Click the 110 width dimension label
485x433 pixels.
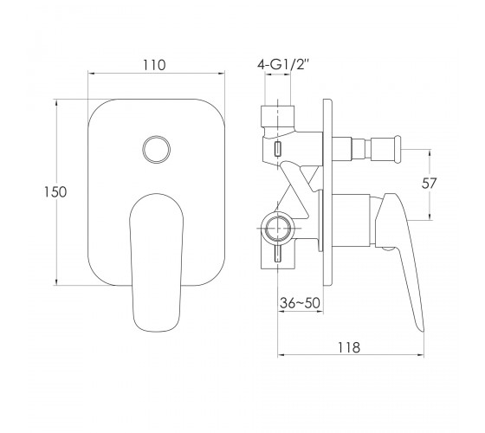pos(154,65)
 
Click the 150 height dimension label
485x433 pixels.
pos(55,191)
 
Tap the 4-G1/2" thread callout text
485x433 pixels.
pos(283,65)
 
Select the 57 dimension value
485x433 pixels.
pos(429,183)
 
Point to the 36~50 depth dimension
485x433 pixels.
pos(300,303)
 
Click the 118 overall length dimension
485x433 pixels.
pos(349,347)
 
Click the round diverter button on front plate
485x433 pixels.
pos(156,149)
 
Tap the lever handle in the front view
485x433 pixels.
pos(156,263)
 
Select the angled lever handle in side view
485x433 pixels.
pos(399,248)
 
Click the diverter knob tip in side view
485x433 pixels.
pos(398,149)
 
